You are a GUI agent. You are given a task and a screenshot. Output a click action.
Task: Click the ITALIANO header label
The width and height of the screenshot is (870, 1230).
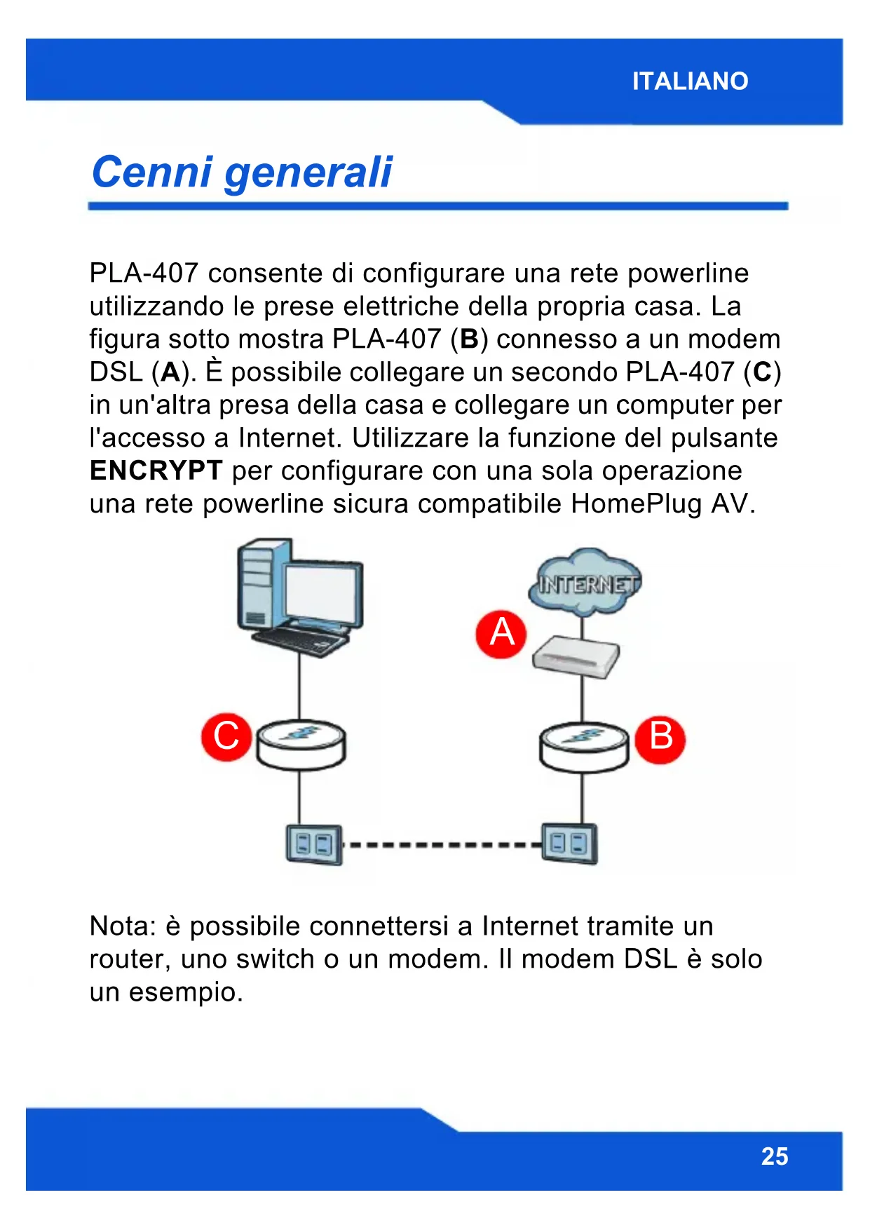(x=690, y=81)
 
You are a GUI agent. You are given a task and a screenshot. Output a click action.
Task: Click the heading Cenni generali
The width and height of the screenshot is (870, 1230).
(x=242, y=173)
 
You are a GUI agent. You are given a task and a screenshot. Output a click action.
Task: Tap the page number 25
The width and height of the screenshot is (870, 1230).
(x=774, y=1156)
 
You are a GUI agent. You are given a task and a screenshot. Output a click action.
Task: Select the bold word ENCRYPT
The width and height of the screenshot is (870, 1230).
(x=156, y=471)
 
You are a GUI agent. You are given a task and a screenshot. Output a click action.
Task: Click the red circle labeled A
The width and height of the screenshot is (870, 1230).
(x=501, y=634)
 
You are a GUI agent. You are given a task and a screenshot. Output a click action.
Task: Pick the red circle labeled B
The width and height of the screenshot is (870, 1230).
(x=660, y=738)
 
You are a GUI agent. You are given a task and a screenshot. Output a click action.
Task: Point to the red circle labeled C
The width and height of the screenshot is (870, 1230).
(x=226, y=737)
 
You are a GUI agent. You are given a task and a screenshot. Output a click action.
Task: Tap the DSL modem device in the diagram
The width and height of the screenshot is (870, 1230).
(x=576, y=657)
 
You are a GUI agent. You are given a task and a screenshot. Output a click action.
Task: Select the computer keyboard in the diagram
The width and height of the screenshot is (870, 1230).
(x=301, y=640)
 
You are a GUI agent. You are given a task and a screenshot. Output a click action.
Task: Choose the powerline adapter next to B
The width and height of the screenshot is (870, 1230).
(x=583, y=746)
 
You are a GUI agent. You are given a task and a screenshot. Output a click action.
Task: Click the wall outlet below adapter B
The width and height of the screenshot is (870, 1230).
(x=569, y=843)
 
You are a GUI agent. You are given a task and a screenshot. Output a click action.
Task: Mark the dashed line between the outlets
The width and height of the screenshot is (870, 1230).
(x=442, y=844)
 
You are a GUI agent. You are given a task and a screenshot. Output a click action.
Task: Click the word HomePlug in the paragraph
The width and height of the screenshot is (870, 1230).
(x=636, y=504)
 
